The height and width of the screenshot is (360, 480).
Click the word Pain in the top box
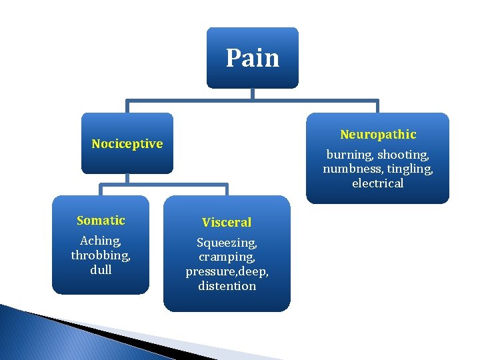click(252, 58)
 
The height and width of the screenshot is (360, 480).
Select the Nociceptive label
click(127, 144)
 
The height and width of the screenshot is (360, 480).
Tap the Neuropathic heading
click(378, 135)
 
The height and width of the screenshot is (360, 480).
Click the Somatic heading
click(101, 221)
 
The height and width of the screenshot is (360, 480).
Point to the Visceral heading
click(227, 223)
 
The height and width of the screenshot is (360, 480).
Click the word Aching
click(100, 241)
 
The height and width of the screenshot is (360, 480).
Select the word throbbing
click(101, 255)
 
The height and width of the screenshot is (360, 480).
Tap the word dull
click(101, 270)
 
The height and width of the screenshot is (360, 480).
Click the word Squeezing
click(227, 243)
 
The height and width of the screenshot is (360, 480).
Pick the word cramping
click(227, 257)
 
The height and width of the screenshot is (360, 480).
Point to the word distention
click(227, 286)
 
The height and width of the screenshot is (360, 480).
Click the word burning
click(349, 155)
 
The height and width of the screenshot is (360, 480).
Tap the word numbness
click(349, 169)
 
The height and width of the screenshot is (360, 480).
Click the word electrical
click(378, 183)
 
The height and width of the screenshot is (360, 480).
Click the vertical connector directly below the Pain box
click(253, 94)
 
